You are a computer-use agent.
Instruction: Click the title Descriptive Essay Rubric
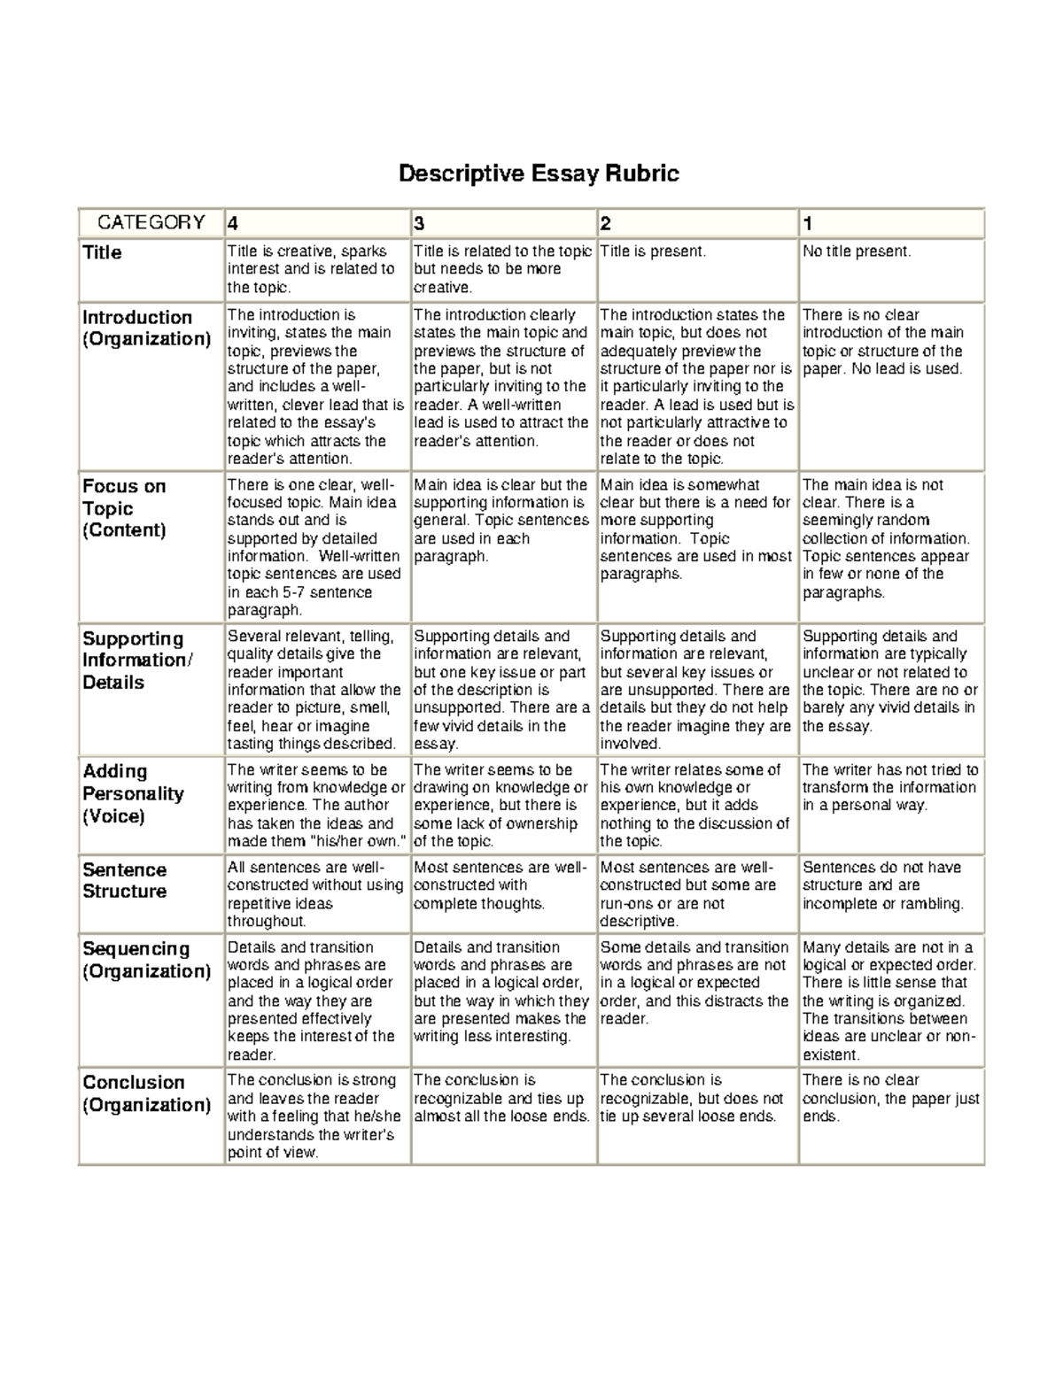click(x=539, y=173)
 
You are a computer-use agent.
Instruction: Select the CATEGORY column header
click(x=151, y=222)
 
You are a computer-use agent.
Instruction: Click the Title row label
click(x=102, y=253)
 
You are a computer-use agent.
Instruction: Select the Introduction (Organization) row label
click(x=146, y=328)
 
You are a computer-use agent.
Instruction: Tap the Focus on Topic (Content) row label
click(x=124, y=508)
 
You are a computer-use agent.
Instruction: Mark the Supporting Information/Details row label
click(x=136, y=660)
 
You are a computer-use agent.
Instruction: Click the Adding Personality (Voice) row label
click(x=133, y=793)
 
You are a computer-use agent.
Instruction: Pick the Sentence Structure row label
click(x=125, y=880)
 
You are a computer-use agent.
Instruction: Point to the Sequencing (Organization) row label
click(x=146, y=960)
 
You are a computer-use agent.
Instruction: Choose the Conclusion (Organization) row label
click(x=146, y=1093)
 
